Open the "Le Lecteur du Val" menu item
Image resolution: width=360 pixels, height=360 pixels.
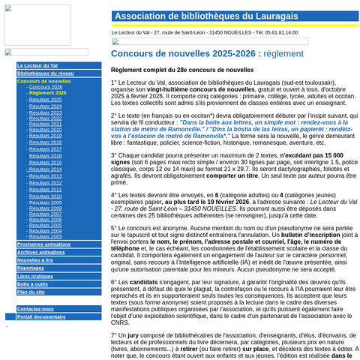point(37,66)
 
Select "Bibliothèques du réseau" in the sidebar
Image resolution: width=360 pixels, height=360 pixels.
point(45,73)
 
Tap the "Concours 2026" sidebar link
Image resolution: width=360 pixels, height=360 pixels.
point(46,87)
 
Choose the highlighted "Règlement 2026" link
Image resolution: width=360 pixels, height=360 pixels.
point(47,93)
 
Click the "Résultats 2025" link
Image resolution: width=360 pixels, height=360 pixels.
point(46,100)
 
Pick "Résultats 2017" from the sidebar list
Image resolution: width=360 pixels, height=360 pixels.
point(46,148)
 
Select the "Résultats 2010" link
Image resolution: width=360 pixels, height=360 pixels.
point(46,196)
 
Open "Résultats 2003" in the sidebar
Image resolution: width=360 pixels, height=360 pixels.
point(46,236)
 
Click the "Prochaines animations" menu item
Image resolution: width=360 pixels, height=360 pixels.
point(43,244)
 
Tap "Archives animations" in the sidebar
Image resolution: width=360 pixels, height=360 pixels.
point(40,253)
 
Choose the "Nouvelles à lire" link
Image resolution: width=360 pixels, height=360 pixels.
point(35,260)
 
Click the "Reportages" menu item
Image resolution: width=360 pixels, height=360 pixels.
point(31,268)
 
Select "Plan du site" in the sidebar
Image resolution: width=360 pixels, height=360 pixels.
point(31,292)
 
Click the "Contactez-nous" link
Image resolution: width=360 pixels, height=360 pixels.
point(35,309)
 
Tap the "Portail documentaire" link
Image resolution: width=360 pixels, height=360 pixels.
point(41,316)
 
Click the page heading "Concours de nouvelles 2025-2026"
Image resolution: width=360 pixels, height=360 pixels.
point(185,54)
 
